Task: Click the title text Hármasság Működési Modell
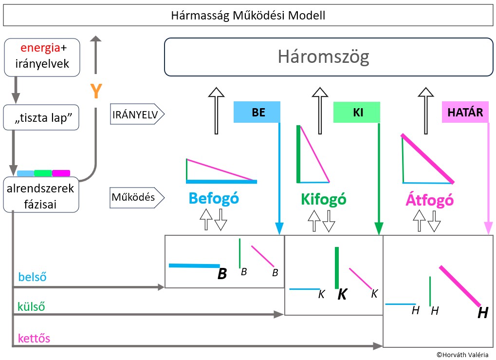(248, 15)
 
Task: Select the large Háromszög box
(329, 57)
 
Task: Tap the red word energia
(40, 48)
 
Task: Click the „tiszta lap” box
(41, 117)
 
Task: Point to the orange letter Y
(96, 91)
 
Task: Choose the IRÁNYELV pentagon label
(137, 114)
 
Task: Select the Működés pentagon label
(137, 198)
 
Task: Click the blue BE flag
(257, 112)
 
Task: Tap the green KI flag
(356, 112)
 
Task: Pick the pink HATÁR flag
(465, 112)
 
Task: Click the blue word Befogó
(214, 199)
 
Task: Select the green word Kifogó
(323, 199)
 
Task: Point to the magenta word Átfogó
(430, 199)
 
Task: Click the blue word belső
(32, 277)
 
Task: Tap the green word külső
(31, 306)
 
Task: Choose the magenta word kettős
(34, 338)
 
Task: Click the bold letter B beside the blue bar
(222, 274)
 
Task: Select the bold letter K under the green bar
(342, 294)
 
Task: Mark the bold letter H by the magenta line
(483, 313)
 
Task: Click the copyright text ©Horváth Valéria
(462, 355)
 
